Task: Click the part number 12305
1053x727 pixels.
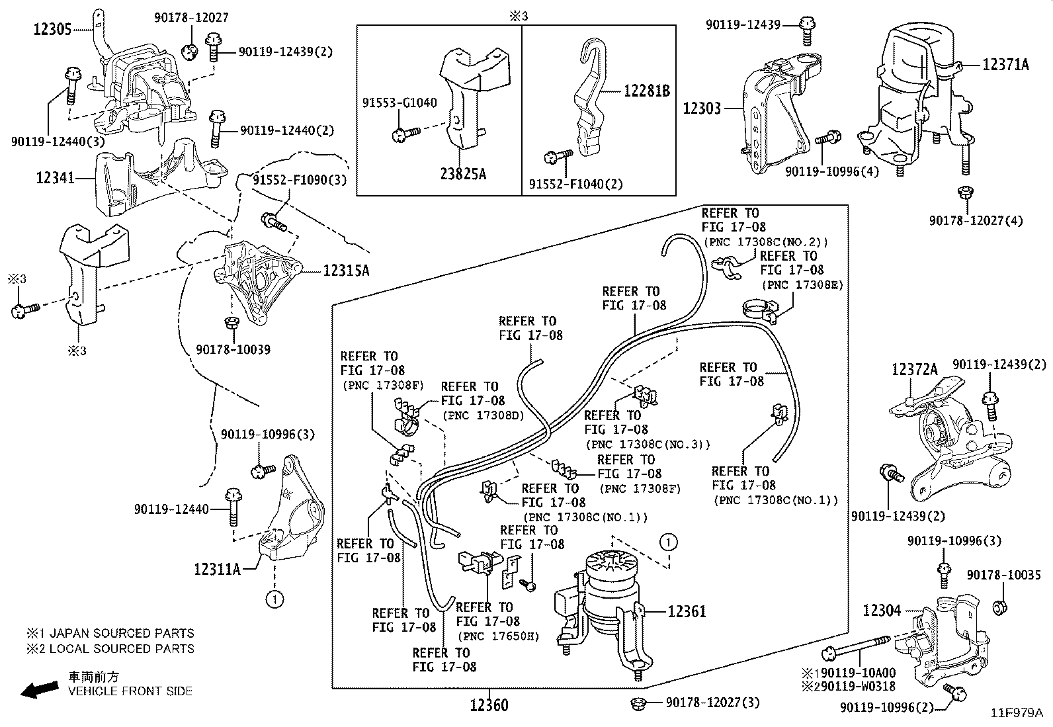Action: coord(52,30)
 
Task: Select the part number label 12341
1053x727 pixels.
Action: coord(55,178)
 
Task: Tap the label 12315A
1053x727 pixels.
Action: coord(346,271)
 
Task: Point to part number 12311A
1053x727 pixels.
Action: coord(217,570)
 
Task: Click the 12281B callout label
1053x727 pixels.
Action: coord(646,91)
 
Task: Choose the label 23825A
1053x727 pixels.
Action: coord(463,174)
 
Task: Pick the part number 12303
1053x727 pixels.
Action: coord(701,108)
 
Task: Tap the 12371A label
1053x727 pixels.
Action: coord(1005,64)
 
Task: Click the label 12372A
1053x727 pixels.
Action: coord(914,370)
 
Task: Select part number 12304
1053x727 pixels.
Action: coord(882,611)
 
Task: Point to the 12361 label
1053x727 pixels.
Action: coord(687,611)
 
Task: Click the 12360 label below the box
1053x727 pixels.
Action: coord(489,705)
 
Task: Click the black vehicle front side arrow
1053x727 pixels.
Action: coord(40,689)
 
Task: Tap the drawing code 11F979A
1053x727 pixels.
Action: coord(1017,713)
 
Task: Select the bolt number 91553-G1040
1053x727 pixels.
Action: coord(400,103)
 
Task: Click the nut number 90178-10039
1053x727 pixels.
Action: coord(233,349)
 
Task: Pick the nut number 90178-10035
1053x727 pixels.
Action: coord(1003,575)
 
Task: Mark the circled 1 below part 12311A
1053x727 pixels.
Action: coord(274,599)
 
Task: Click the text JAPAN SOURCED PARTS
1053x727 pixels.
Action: coord(122,633)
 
